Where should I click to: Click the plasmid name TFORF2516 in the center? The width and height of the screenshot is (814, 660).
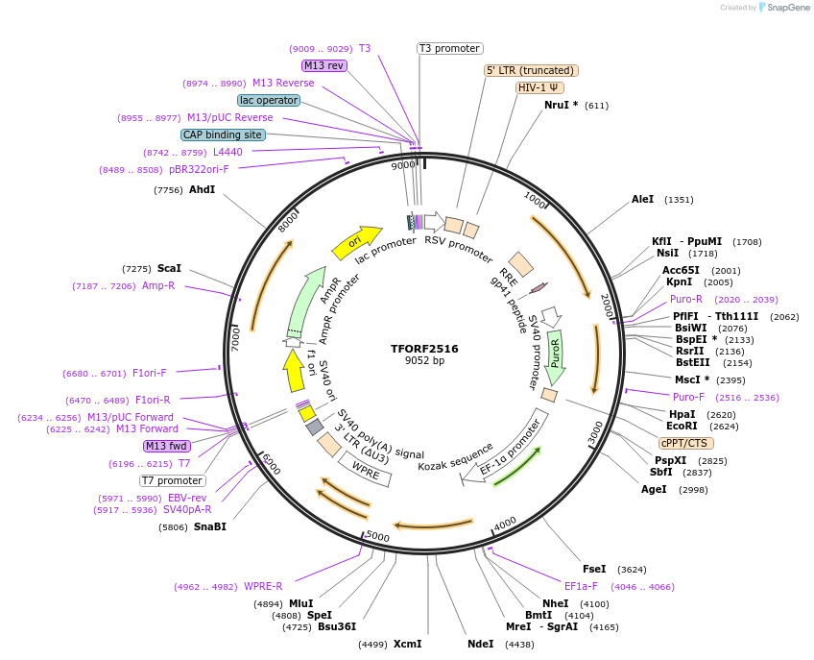tap(424, 349)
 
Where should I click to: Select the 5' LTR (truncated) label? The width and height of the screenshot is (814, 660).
tap(530, 70)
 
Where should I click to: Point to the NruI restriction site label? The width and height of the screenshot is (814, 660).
tap(562, 105)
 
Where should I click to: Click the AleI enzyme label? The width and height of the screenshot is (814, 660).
tap(642, 200)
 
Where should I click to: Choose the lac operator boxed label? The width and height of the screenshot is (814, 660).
tap(268, 100)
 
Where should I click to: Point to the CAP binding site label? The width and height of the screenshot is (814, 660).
tap(223, 135)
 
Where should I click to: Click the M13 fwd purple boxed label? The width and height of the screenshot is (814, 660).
tap(166, 446)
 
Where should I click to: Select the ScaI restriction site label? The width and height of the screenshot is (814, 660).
tap(169, 269)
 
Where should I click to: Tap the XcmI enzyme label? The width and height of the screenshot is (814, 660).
tap(407, 644)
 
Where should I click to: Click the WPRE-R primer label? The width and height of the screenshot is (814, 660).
tap(263, 586)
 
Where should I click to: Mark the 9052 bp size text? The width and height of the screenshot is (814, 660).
tap(424, 361)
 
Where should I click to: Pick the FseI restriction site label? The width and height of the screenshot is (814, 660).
tap(595, 569)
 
